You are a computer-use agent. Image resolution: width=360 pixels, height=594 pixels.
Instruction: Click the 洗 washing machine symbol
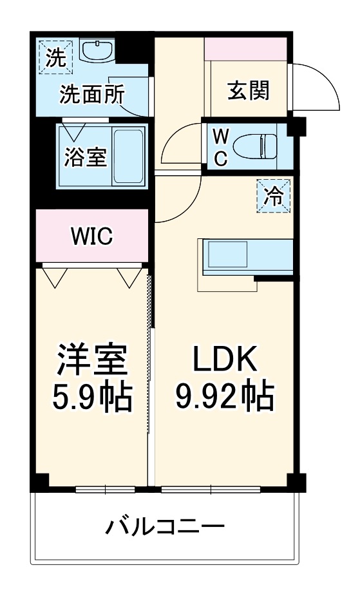[x=55, y=57]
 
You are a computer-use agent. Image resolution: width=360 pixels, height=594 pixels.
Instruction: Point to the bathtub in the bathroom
[x=129, y=155]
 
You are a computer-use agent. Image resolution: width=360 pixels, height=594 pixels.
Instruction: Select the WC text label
[x=220, y=147]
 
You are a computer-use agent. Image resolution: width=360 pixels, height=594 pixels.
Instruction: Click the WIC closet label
[x=91, y=236]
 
